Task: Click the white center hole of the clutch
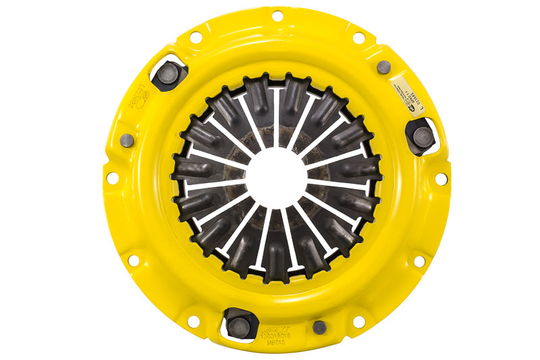(x=276, y=177)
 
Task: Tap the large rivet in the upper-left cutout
(x=169, y=72)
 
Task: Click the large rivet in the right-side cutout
(x=423, y=138)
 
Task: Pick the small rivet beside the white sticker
(x=383, y=67)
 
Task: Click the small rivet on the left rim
(x=126, y=140)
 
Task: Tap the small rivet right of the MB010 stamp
(x=319, y=327)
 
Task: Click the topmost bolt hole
(x=277, y=15)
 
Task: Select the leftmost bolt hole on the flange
(x=112, y=178)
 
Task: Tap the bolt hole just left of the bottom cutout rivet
(x=194, y=322)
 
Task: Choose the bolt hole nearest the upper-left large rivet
(x=196, y=36)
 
